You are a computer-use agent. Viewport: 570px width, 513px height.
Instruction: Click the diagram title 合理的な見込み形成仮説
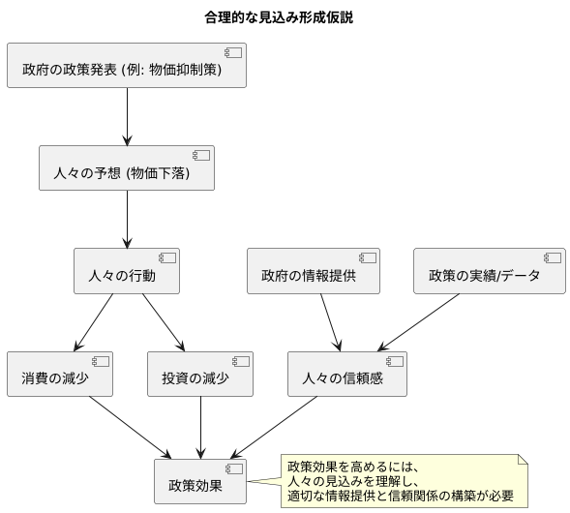pyautogui.click(x=285, y=17)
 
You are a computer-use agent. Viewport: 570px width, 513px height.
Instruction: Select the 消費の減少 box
pyautogui.click(x=60, y=376)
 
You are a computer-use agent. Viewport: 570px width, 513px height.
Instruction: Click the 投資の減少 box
pyautogui.click(x=200, y=376)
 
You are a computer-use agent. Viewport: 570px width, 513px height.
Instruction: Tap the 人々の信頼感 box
pyautogui.click(x=347, y=376)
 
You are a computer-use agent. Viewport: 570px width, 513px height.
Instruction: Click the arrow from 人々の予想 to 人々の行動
pyautogui.click(x=128, y=222)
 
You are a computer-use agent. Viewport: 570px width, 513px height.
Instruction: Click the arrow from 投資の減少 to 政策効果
pyautogui.click(x=200, y=427)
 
